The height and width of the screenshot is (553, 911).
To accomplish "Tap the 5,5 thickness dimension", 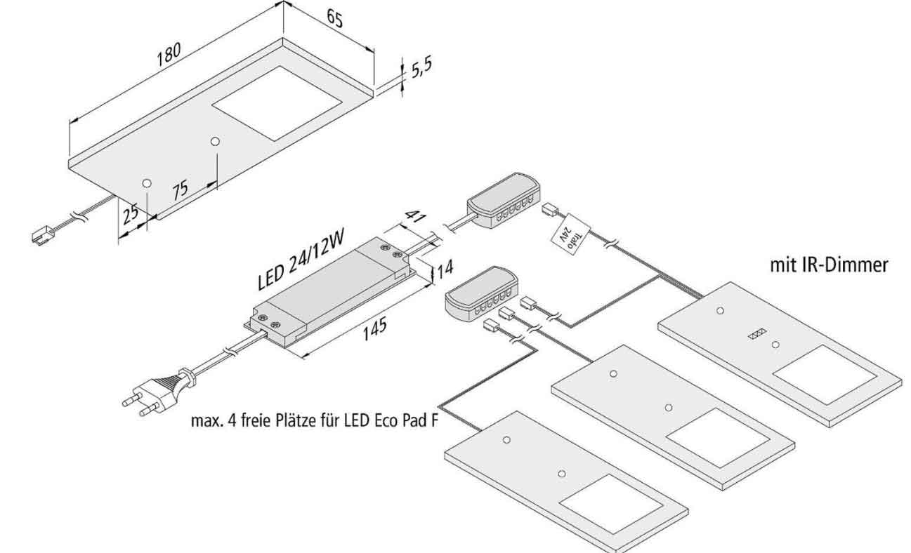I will [420, 69].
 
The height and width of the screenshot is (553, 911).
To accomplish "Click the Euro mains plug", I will [160, 389].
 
